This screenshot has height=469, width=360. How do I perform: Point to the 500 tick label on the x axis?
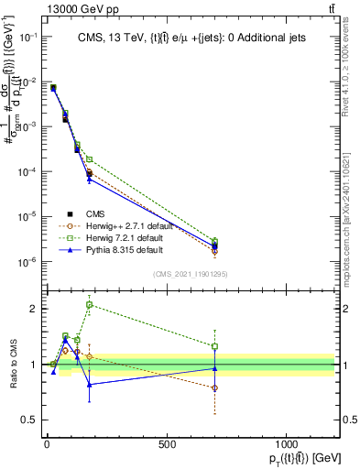(x=166, y=444)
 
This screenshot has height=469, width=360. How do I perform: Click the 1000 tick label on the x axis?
(x=286, y=444)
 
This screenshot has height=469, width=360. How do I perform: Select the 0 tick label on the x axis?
(x=47, y=444)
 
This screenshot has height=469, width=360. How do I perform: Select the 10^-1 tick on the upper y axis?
(x=27, y=38)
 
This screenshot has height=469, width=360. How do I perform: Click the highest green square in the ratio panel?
(x=89, y=305)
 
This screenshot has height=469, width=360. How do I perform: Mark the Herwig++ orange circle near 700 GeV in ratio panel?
(x=214, y=387)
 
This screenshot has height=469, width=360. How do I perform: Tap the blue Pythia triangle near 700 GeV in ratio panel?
(x=214, y=368)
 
